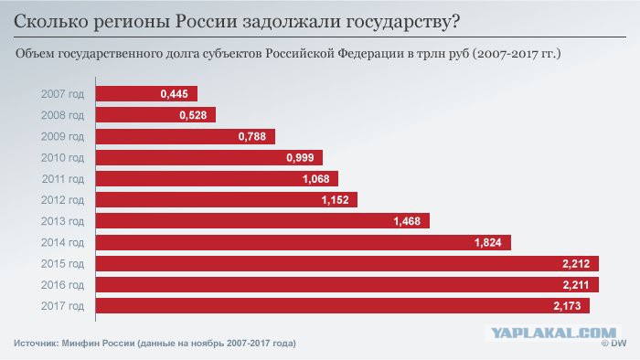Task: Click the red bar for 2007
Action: pyautogui.click(x=146, y=94)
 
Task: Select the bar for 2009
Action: pyautogui.click(x=186, y=136)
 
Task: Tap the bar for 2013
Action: pyautogui.click(x=262, y=221)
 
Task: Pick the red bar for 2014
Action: pyautogui.click(x=304, y=242)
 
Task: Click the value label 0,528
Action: pyautogui.click(x=193, y=115)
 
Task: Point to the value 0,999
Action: pyautogui.click(x=300, y=158)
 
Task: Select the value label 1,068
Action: pyautogui.click(x=316, y=179)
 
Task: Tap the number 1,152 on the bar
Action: pyautogui.click(x=336, y=200)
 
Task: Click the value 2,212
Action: pyautogui.click(x=576, y=264)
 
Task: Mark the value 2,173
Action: pyautogui.click(x=567, y=306)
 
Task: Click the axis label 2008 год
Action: pyautogui.click(x=62, y=115)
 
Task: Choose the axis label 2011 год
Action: pyautogui.click(x=63, y=179)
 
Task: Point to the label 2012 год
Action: pyautogui.click(x=62, y=200)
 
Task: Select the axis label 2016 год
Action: pyautogui.click(x=62, y=285)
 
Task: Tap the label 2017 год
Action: pyautogui.click(x=62, y=306)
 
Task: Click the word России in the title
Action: pyautogui.click(x=207, y=22)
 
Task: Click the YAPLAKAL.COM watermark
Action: pyautogui.click(x=553, y=334)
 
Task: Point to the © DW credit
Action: pyautogui.click(x=613, y=344)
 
